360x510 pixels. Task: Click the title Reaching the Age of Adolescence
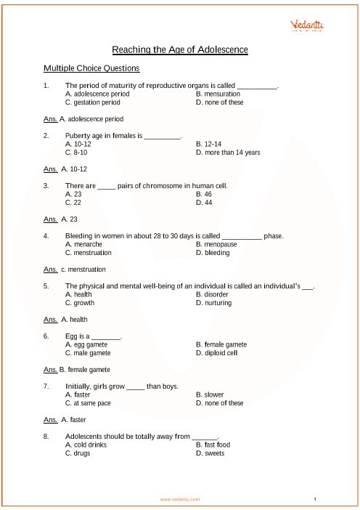180,49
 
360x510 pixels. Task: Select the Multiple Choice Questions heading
91,68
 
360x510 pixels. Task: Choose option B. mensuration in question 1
218,94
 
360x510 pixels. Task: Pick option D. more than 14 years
228,153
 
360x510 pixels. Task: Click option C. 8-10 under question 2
77,153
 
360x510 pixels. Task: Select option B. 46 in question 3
203,194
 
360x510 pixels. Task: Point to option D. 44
203,203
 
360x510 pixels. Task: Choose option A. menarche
83,244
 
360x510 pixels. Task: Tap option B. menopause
216,244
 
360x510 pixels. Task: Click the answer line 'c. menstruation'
82,269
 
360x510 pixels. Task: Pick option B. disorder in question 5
212,294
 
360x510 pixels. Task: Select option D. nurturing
213,303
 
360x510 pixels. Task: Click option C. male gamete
87,353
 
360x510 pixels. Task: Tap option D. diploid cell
216,353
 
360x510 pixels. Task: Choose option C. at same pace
87,403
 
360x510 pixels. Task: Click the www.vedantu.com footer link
180,500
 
